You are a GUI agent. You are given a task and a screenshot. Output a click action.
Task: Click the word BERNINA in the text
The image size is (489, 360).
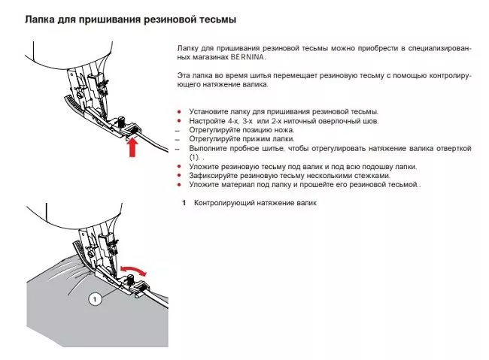249,56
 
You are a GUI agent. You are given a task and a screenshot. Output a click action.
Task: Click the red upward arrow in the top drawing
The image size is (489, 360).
132,146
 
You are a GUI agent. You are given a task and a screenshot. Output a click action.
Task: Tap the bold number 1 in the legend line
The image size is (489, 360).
184,203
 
